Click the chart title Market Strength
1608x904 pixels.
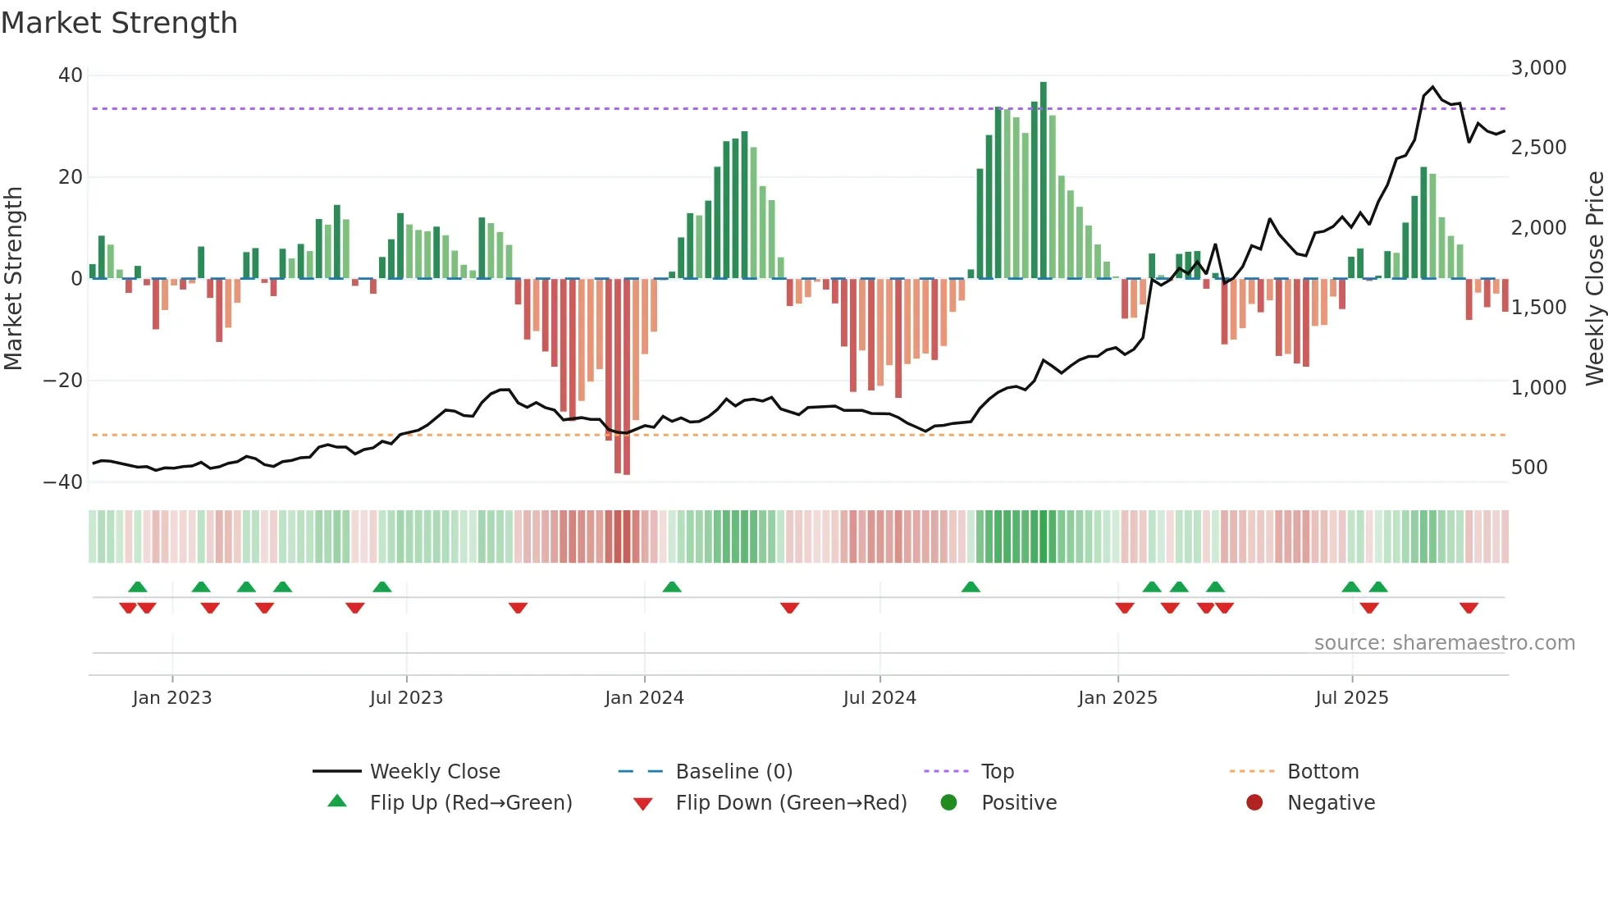point(119,23)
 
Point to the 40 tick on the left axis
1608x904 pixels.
point(71,75)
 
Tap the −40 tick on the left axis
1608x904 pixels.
point(63,482)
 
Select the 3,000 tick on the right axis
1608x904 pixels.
point(1538,68)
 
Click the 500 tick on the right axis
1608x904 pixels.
point(1528,468)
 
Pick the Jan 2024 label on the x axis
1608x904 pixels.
point(644,698)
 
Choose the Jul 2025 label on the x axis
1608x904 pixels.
point(1351,698)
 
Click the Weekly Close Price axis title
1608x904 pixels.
point(1594,279)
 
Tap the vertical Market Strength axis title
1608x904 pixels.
point(13,279)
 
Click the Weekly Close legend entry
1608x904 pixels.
point(434,772)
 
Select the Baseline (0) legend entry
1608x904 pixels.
point(733,772)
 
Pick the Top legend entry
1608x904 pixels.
point(997,772)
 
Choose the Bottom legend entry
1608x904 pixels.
point(1322,772)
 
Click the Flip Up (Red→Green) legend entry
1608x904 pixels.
point(470,803)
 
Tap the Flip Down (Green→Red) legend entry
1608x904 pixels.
point(791,803)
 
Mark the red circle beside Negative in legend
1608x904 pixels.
point(1254,803)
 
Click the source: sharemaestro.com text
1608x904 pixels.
point(1444,643)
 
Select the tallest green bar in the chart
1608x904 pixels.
point(1043,180)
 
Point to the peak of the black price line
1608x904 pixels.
point(1433,87)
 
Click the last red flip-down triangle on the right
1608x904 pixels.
point(1469,608)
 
